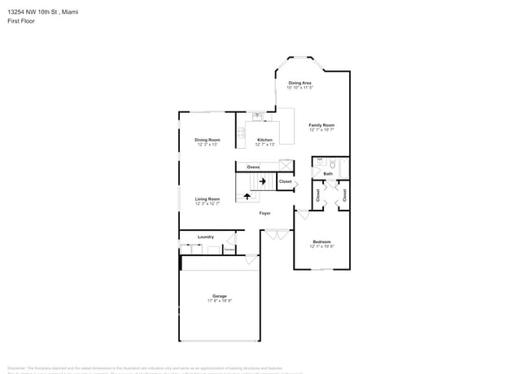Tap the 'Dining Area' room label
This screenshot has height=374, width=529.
coord(299,83)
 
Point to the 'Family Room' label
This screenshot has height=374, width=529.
coord(321,125)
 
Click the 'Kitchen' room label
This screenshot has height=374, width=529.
coord(264,140)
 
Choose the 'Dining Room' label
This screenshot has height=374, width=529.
coord(207,140)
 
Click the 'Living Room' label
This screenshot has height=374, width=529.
coord(207,199)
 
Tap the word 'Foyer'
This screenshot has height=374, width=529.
coord(264,213)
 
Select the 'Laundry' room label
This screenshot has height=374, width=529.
coord(205,237)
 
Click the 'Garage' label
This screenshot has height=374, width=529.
coord(220,296)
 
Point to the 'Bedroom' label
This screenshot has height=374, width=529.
coord(321,241)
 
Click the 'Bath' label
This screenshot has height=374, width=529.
coord(328,173)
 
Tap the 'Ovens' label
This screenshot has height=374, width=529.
coord(253,167)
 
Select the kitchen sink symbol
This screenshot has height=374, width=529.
coord(256,116)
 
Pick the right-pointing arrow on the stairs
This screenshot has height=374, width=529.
coord(264,181)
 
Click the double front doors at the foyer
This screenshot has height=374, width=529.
coord(276,234)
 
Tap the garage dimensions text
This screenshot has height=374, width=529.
coord(220,301)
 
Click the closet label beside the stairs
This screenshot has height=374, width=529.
coord(285,181)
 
